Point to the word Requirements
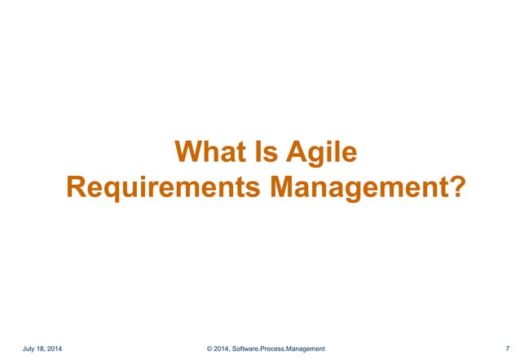click(164, 187)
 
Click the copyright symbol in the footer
click(210, 349)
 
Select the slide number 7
click(507, 349)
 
